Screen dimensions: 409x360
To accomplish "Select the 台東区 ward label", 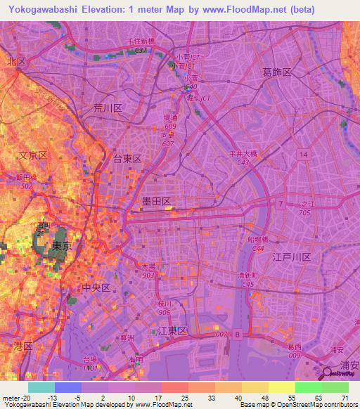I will click(128, 160).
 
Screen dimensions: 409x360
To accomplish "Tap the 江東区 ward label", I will click(172, 330).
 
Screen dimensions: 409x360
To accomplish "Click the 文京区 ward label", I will click(32, 155).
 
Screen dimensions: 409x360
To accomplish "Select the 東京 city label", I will click(62, 247).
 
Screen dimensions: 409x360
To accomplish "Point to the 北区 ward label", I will click(16, 62).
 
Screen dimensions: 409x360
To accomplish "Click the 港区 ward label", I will click(23, 346).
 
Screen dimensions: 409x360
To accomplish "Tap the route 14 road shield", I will click(302, 153).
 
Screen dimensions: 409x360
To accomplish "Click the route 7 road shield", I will click(280, 204).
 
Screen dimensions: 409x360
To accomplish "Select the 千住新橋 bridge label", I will click(140, 43).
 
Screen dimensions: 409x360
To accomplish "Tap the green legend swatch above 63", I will click(308, 387).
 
